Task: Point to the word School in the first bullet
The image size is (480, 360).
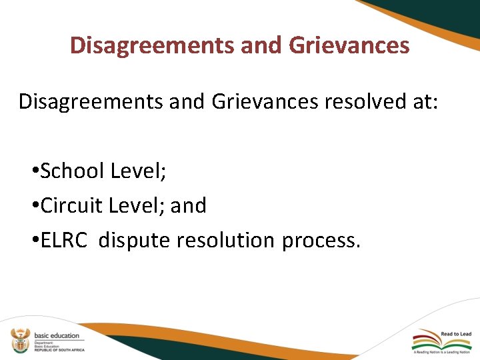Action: tap(73, 171)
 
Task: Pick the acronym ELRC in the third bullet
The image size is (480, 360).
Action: tap(64, 240)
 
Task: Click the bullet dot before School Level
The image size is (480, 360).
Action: tap(34, 173)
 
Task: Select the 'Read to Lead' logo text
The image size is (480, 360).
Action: tap(456, 334)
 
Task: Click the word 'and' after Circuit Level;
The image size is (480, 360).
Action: tap(189, 206)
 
